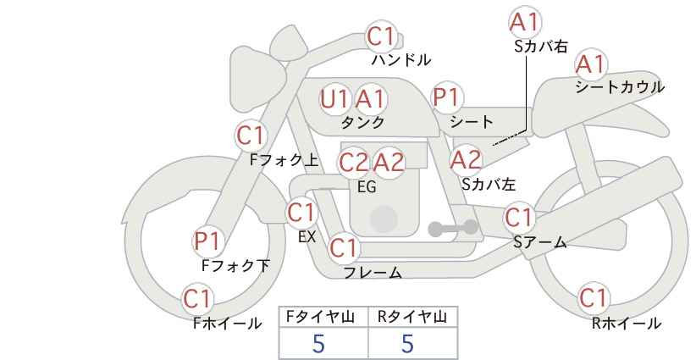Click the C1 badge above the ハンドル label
(380, 36)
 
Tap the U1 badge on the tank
(334, 99)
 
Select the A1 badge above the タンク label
(370, 99)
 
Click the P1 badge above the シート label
(447, 97)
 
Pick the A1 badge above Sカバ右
(525, 22)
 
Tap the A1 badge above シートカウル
(591, 64)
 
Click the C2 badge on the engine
(354, 163)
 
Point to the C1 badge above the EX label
(301, 213)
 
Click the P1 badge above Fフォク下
(207, 241)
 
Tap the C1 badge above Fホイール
(197, 299)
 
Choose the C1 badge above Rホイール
(594, 297)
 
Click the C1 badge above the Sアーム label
(519, 218)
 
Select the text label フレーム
(373, 273)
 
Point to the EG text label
(367, 187)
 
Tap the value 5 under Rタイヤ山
(407, 344)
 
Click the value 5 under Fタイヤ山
(318, 344)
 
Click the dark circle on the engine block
(384, 219)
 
